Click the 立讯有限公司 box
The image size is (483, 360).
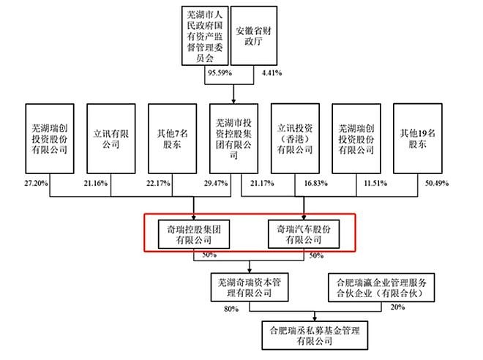[111, 138]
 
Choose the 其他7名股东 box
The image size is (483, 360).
[172, 138]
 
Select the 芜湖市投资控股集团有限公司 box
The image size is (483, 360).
[233, 138]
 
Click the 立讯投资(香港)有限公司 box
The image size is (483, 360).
[294, 138]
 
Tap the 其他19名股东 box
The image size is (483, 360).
[418, 138]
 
